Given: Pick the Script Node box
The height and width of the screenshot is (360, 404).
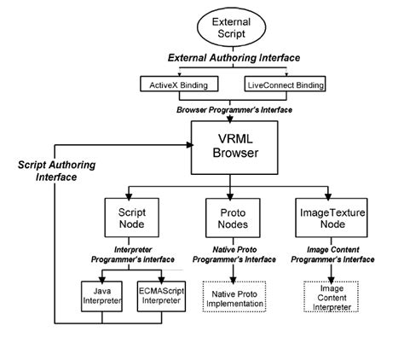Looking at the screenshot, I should pyautogui.click(x=130, y=217).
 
